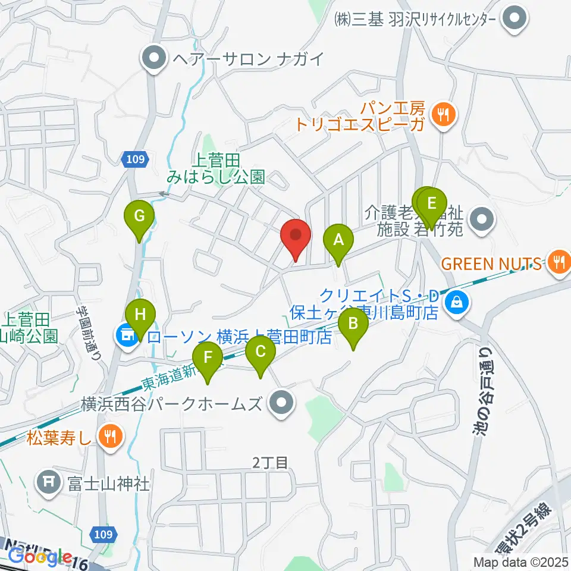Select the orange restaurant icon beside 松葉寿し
click(x=109, y=437)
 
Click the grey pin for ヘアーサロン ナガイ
click(x=155, y=58)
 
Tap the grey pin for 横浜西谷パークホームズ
click(x=281, y=404)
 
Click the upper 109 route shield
click(x=135, y=159)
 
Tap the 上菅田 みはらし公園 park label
click(x=215, y=168)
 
